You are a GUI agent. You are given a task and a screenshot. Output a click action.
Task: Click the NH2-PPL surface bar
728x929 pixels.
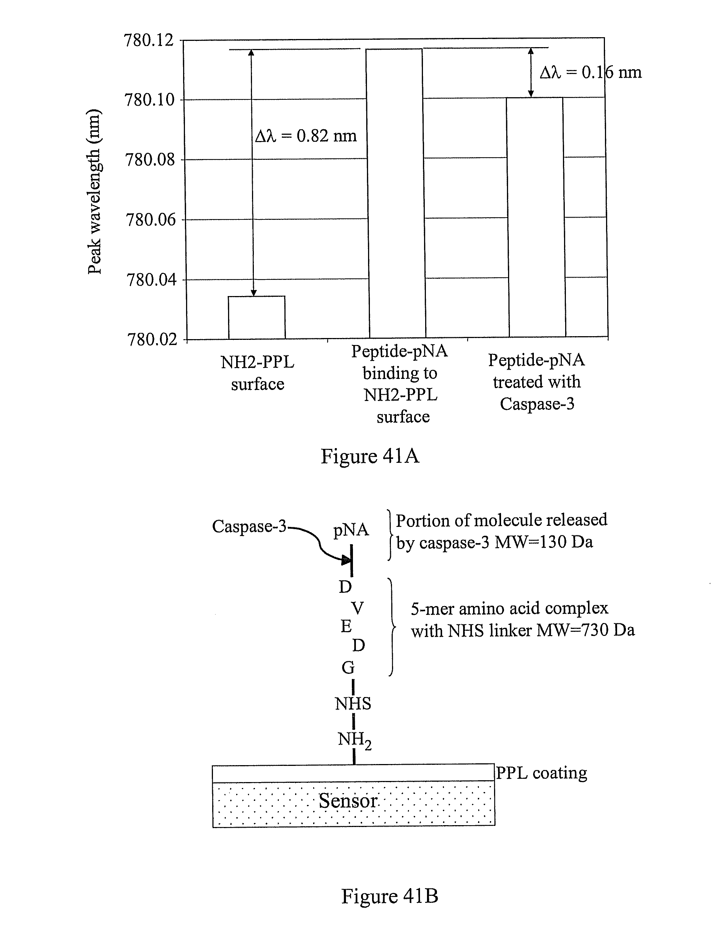pos(256,318)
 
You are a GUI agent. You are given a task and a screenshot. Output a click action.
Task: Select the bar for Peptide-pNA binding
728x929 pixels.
pos(396,194)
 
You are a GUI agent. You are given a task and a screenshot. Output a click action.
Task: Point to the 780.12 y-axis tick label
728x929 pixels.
pos(149,41)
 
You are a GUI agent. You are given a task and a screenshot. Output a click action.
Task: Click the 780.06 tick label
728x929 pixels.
pos(150,220)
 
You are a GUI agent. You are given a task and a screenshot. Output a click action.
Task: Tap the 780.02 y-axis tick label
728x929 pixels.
pos(152,340)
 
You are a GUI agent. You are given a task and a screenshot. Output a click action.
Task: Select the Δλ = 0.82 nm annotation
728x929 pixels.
pos(306,136)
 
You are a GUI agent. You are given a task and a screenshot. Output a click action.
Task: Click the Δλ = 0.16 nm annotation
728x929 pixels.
pos(590,73)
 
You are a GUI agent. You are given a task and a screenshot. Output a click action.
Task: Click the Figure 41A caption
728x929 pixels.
pos(370,456)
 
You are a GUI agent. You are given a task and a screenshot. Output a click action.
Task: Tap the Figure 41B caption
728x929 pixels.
pos(389,895)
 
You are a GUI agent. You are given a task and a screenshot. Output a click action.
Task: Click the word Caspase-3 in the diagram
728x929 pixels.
pos(249,527)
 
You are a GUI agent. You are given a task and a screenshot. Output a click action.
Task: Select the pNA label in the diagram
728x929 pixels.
pos(351,530)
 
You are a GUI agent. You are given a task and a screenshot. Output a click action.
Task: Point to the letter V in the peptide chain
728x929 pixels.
pos(357,608)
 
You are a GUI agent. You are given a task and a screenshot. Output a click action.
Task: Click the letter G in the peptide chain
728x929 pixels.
pos(348,668)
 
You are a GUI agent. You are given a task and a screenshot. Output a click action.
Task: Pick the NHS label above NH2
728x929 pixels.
pos(353,704)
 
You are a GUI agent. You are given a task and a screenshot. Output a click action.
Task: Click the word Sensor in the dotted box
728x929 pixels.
pos(348,801)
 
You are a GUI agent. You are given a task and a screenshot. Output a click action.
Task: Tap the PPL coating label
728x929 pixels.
pos(542,773)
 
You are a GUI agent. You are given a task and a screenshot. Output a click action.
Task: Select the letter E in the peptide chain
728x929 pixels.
pos(346,627)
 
